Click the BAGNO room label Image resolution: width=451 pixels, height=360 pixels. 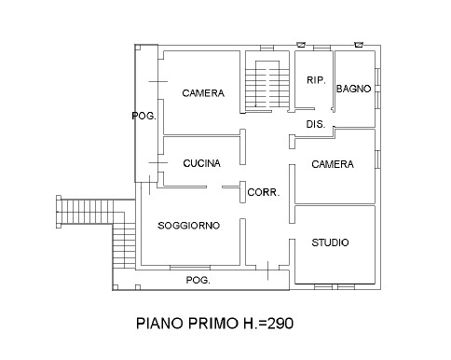[x=354, y=89]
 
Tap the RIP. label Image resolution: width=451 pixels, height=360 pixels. [x=315, y=80]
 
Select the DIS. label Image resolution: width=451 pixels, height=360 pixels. [x=314, y=124]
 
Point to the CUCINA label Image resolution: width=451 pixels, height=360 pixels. [x=201, y=163]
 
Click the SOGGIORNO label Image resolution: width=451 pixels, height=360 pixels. [x=188, y=226]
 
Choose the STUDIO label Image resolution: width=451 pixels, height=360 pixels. [x=331, y=242]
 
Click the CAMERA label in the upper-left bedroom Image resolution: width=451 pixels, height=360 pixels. [x=203, y=92]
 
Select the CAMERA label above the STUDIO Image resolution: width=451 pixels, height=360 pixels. [x=333, y=164]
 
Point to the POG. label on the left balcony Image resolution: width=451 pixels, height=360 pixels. [x=143, y=116]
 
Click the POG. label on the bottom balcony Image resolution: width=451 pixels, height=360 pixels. [x=197, y=280]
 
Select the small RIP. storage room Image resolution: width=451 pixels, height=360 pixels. [x=315, y=98]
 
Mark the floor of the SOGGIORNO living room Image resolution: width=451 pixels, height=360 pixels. [x=191, y=247]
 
